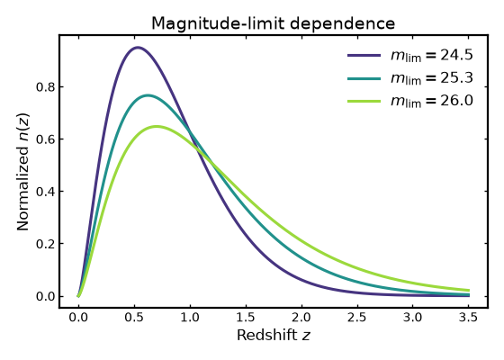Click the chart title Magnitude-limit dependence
(273, 23)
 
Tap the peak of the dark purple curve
(138, 48)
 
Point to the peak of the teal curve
(148, 95)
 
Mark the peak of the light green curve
(157, 127)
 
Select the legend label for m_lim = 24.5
(432, 55)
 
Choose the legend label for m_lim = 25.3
(432, 78)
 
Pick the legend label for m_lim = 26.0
(432, 101)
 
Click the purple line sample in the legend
(364, 55)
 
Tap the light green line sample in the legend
(364, 101)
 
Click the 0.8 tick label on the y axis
(45, 87)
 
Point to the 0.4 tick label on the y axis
(45, 192)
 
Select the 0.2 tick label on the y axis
(45, 244)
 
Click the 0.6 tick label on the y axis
(45, 139)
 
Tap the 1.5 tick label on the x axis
(246, 318)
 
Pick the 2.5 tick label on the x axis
(357, 318)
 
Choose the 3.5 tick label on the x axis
(468, 318)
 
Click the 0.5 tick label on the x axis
(134, 318)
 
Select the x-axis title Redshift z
(274, 335)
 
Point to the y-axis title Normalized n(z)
(23, 172)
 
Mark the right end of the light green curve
(469, 290)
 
